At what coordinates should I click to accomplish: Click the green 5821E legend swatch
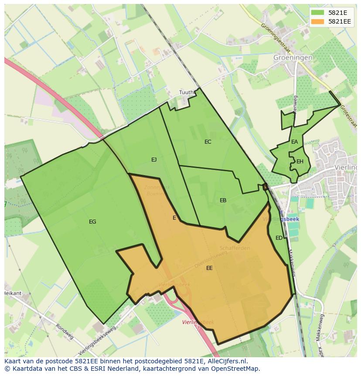pos(318,13)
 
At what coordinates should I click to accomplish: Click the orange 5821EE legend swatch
pos(318,21)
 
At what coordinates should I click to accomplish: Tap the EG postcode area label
pos(92,222)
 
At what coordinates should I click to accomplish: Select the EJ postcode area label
pos(154,160)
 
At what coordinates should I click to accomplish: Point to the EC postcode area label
pos(208,142)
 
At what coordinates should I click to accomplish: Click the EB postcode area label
pos(223,200)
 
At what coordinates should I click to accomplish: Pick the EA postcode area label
pos(295,142)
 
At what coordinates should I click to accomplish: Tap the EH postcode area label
pos(300,162)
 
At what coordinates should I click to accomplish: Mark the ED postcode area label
pos(279,238)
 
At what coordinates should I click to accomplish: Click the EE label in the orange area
pos(209,268)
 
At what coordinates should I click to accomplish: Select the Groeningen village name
pos(293,58)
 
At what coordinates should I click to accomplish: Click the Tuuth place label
pos(186,93)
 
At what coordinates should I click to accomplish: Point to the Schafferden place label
pos(235,248)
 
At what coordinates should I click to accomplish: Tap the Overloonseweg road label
pos(211,259)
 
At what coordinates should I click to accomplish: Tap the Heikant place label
pos(13,293)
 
